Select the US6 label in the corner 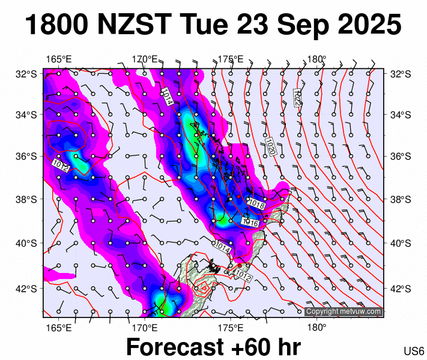413,350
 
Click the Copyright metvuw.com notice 343,311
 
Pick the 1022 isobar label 297,97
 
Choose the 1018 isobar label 256,205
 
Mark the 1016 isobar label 250,222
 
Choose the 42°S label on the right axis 398,288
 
